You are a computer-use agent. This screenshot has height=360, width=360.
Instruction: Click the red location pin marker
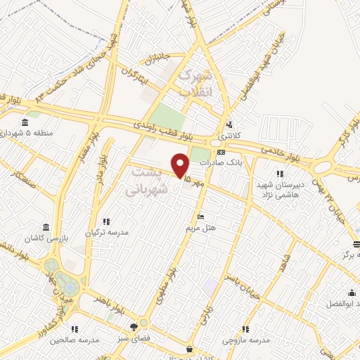pos(181,165)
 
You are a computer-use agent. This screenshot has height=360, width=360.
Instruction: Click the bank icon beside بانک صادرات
pos(221,152)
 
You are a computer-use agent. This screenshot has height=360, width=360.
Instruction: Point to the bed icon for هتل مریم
pos(201,217)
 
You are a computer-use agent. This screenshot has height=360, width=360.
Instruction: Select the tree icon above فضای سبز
pos(134,326)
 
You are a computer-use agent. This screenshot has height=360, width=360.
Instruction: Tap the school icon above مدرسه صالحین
pos(75,328)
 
